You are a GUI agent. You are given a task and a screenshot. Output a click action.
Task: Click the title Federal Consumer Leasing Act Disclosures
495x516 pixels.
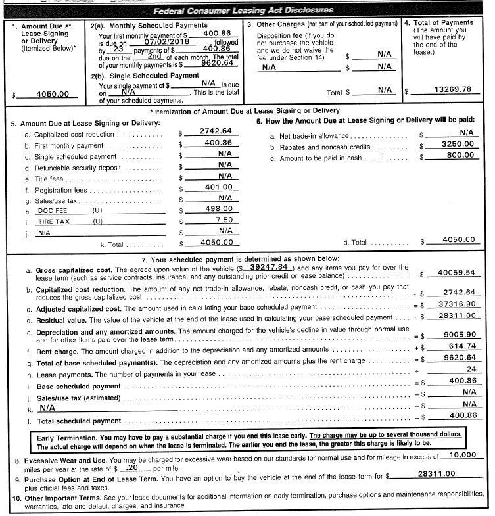click(x=243, y=11)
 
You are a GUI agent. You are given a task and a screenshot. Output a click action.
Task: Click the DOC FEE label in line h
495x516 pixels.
click(x=54, y=210)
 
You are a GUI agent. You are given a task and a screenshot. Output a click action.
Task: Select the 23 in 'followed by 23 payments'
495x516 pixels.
click(x=119, y=48)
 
